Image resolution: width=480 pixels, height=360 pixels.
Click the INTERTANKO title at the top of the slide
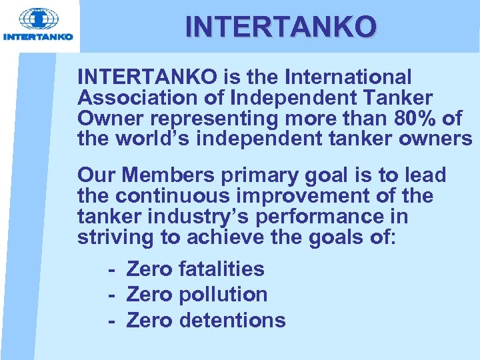[281, 27]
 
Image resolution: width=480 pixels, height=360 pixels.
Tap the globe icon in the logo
[38, 19]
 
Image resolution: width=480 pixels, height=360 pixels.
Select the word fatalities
[222, 269]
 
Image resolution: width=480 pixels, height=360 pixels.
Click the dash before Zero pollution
[113, 295]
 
